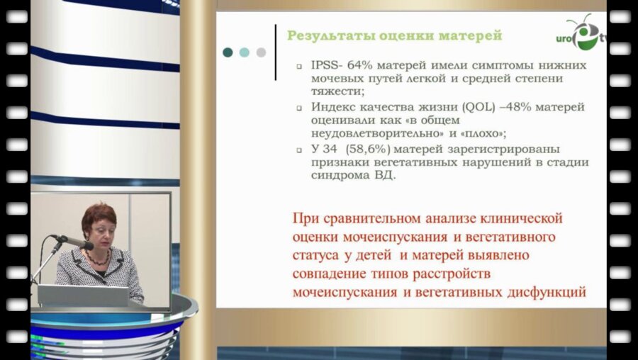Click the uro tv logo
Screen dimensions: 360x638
click(x=583, y=34)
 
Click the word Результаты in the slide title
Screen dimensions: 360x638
click(x=326, y=34)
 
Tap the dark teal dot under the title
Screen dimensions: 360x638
click(x=228, y=52)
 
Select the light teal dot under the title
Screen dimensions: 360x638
click(x=244, y=52)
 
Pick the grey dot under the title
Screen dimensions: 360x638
click(x=261, y=52)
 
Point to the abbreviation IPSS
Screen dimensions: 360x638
click(x=325, y=64)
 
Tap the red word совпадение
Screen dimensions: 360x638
click(x=330, y=272)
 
